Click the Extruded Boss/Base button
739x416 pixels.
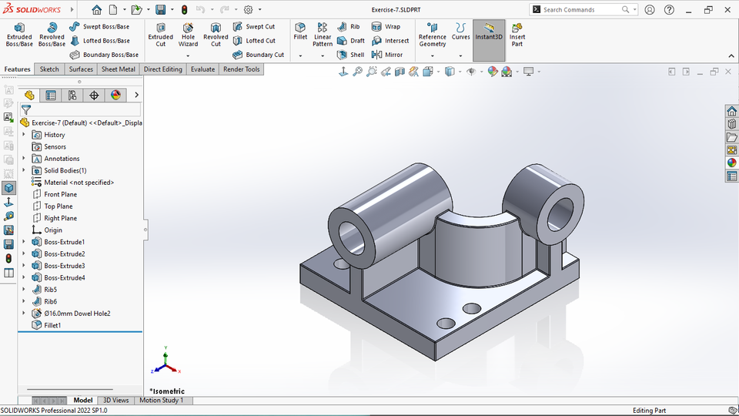coord(19,35)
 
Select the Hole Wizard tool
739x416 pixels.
coord(188,35)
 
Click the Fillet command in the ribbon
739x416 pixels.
coord(300,31)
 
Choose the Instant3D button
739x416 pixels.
coord(489,35)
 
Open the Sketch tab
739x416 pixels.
coord(49,69)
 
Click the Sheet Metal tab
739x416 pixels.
coord(119,69)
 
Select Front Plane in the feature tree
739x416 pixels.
coord(60,194)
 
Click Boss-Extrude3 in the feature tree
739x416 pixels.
coord(64,266)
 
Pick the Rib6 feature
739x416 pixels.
coord(50,301)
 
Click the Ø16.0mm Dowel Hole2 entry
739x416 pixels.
coord(77,314)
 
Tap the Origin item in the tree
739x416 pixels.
coord(53,230)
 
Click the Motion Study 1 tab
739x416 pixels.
coord(161,400)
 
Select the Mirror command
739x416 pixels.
coord(387,55)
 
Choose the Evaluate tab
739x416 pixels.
coord(203,69)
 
